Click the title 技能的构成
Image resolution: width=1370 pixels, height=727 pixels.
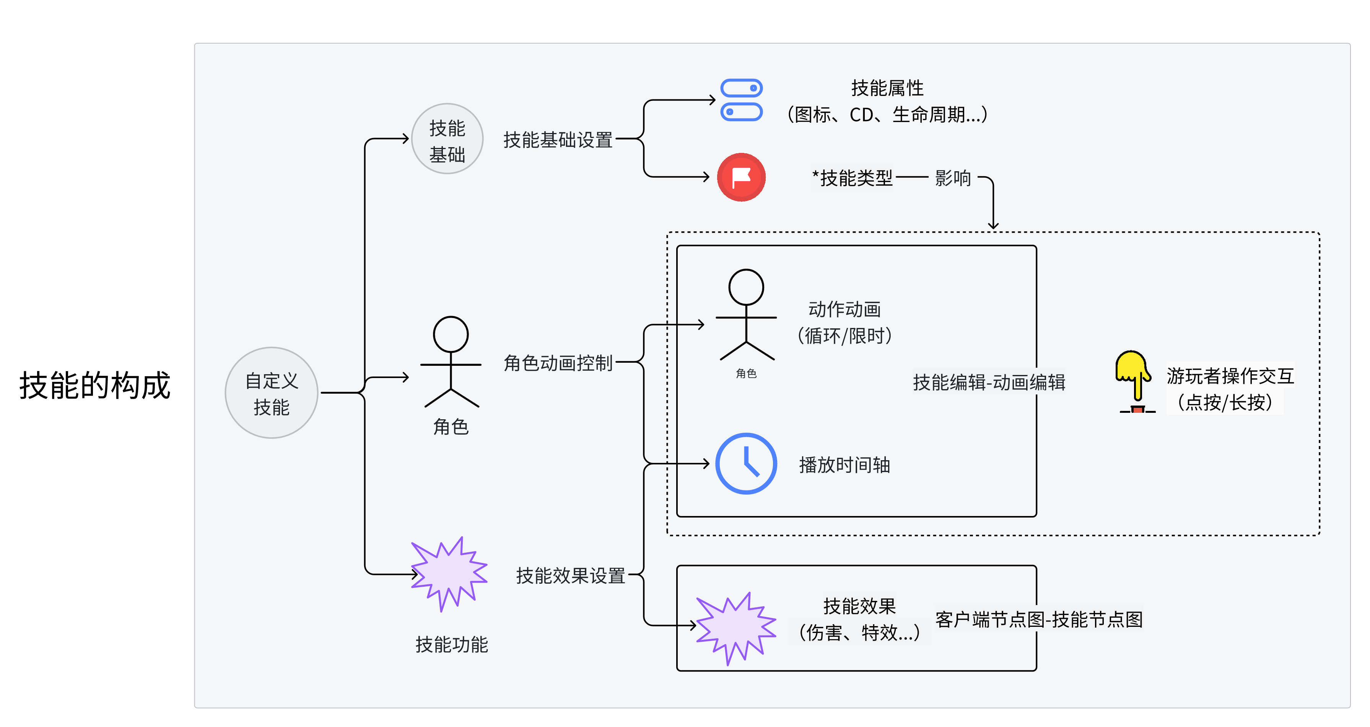click(x=95, y=385)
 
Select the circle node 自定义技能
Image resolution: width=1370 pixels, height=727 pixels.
click(x=271, y=393)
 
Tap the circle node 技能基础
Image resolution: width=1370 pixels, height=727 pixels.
click(x=447, y=139)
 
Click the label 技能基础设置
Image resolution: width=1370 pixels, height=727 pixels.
click(x=558, y=140)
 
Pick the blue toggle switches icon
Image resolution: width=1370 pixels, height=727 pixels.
click(x=741, y=100)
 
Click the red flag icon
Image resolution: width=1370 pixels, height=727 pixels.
click(x=741, y=177)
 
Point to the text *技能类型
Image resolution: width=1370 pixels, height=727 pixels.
click(x=853, y=178)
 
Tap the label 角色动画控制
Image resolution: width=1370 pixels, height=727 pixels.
click(x=558, y=363)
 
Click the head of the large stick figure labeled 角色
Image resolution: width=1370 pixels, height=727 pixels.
click(x=451, y=334)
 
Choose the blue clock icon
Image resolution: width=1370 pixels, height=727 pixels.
click(x=746, y=463)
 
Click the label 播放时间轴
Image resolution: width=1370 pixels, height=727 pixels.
click(x=844, y=465)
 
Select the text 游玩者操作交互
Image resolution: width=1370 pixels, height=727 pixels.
click(x=1230, y=376)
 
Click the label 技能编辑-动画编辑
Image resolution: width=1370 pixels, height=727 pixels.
click(x=989, y=382)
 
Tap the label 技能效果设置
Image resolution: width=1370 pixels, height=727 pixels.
click(x=571, y=576)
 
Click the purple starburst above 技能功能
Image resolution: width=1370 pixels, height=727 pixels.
click(x=449, y=574)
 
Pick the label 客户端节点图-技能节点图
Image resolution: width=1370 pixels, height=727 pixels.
click(x=1039, y=619)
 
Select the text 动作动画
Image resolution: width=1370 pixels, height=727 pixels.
click(x=844, y=309)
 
